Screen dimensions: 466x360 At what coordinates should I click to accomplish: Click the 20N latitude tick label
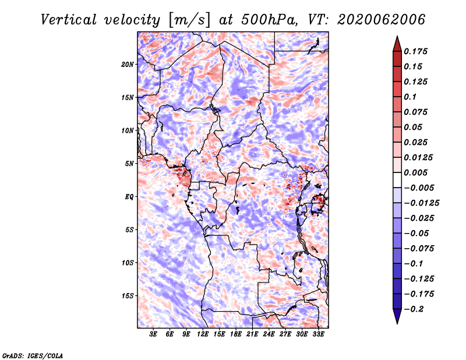click(128, 65)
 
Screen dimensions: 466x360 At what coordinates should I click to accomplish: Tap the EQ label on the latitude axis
click(129, 197)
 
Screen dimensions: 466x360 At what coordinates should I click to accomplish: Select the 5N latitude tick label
click(129, 164)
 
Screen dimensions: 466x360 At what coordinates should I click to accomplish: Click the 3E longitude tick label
click(153, 334)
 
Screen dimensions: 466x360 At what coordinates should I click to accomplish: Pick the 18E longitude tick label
click(236, 334)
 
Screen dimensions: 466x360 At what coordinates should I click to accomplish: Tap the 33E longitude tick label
click(318, 334)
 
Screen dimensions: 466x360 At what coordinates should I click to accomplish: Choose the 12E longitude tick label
click(203, 334)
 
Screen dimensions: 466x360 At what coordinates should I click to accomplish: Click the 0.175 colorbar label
click(415, 51)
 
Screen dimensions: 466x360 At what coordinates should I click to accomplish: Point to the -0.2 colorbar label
click(414, 309)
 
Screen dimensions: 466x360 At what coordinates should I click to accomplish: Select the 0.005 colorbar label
click(415, 172)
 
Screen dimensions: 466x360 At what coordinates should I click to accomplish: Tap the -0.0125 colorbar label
click(421, 203)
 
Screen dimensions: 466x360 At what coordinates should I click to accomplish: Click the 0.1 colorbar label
click(410, 97)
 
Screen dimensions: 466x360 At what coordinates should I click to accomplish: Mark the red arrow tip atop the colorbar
click(397, 36)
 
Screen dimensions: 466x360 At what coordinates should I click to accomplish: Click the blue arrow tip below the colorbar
click(397, 324)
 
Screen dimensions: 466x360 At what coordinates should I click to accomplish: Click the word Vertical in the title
click(69, 20)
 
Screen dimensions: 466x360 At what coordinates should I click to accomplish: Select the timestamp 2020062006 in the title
click(381, 20)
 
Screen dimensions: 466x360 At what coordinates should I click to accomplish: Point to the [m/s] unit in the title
click(189, 20)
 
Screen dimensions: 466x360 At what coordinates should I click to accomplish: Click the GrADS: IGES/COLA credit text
click(33, 356)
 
